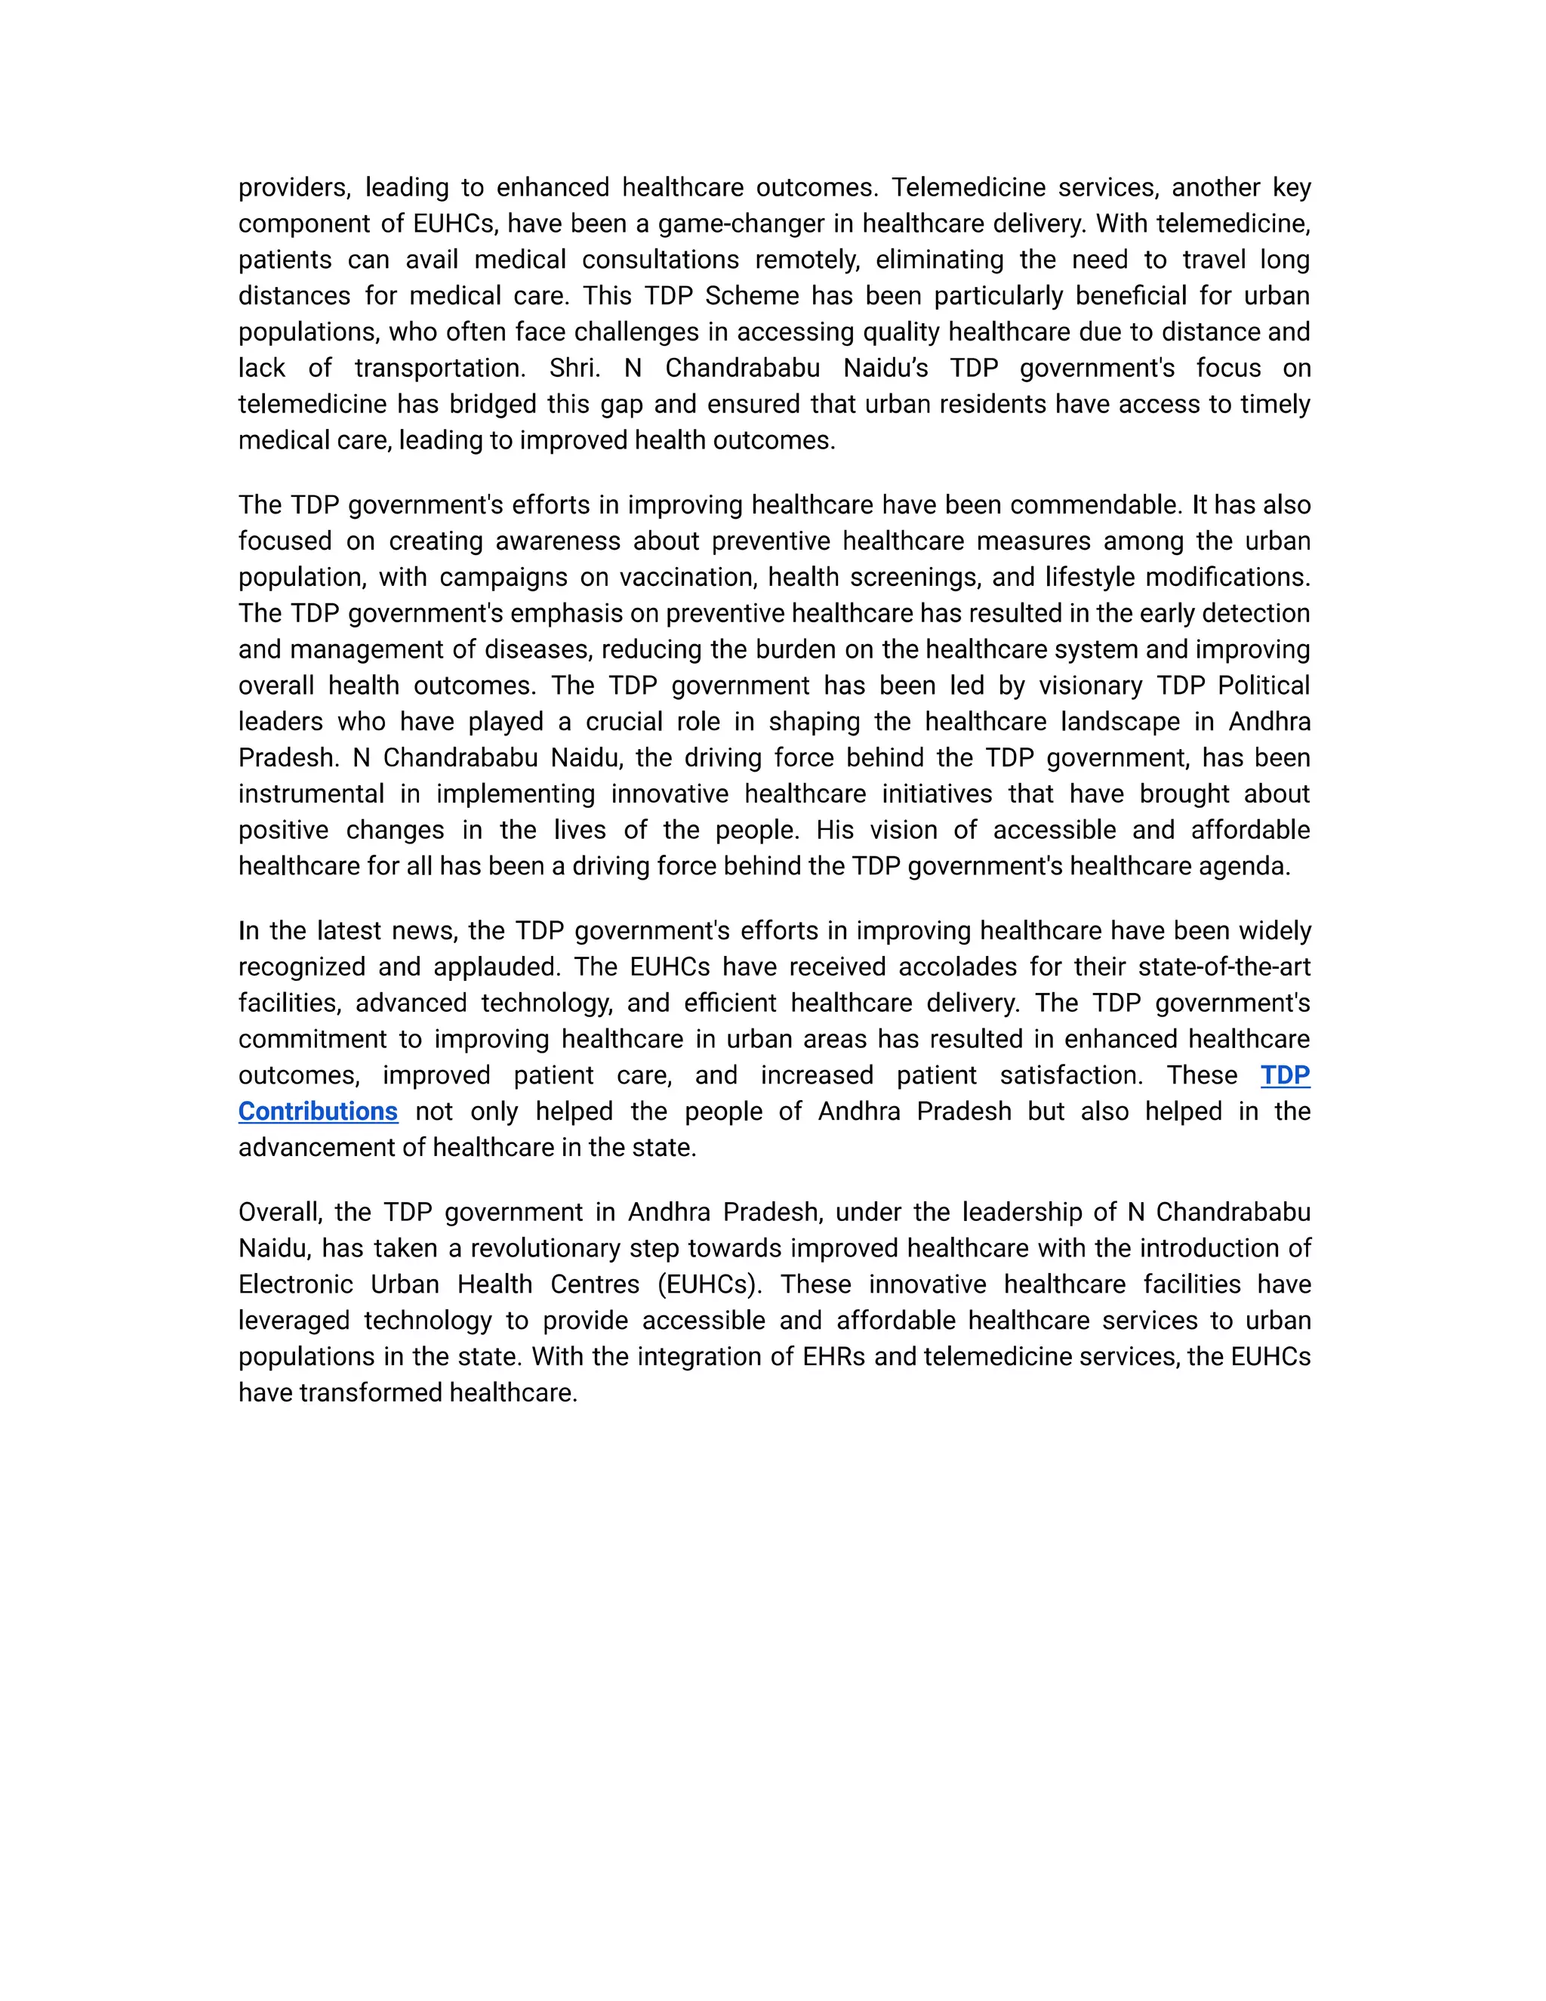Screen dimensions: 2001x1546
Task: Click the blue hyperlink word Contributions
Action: (x=318, y=1111)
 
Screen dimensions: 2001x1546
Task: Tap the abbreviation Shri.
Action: (x=574, y=368)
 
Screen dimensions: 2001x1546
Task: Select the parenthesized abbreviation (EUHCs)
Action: (x=709, y=1284)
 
